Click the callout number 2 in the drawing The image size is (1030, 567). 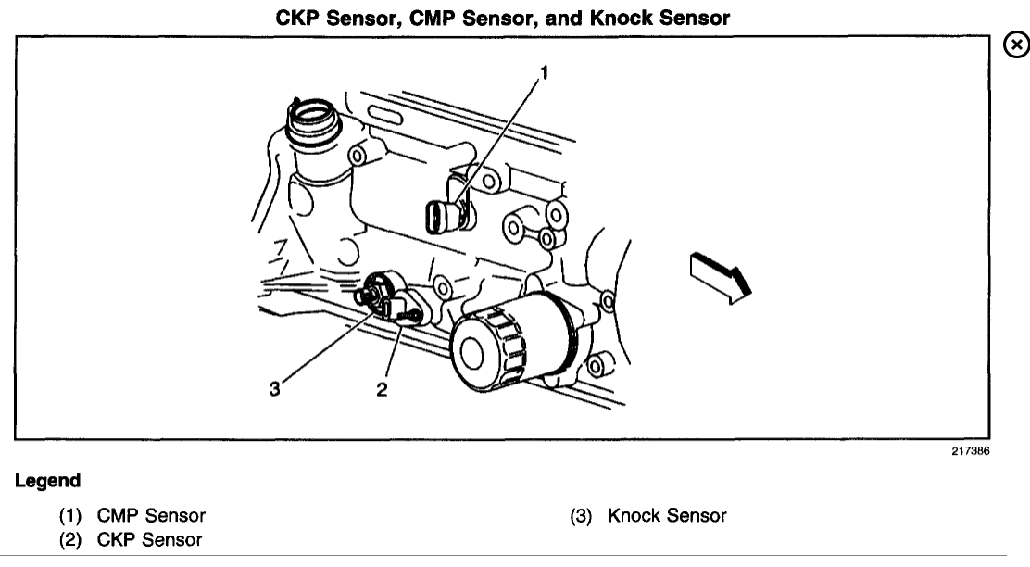click(381, 389)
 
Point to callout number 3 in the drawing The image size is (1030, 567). click(275, 389)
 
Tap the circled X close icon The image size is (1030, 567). click(1016, 44)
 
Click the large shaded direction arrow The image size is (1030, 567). click(720, 275)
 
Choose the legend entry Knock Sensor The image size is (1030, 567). click(667, 514)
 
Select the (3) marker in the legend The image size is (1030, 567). click(584, 514)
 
